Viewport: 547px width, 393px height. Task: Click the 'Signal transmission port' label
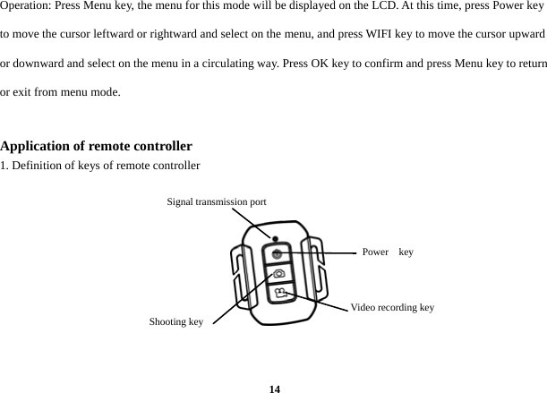click(216, 202)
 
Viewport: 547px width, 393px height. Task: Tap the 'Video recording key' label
click(392, 308)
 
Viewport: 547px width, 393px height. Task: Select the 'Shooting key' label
click(175, 321)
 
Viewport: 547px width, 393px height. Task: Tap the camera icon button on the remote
click(278, 274)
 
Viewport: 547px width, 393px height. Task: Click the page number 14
click(275, 388)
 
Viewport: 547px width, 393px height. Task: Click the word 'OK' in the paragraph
click(347, 64)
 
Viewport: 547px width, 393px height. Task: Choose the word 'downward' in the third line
click(39, 64)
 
